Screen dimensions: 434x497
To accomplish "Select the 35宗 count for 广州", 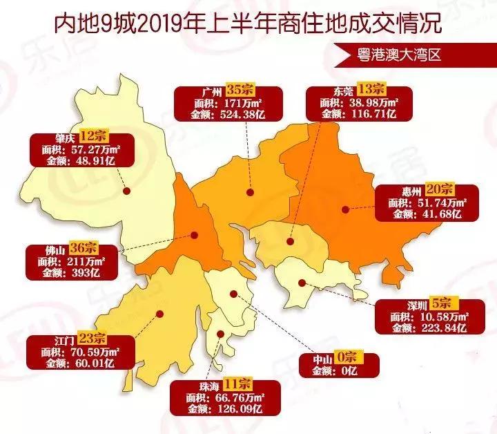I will click(244, 91).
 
